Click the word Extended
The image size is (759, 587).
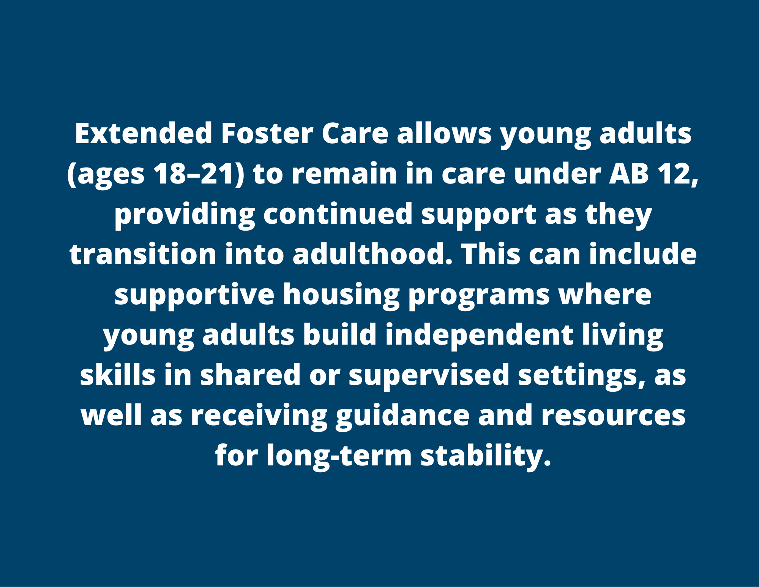[x=144, y=133]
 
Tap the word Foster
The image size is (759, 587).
[x=267, y=133]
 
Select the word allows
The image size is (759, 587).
[x=444, y=133]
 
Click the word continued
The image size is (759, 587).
[x=338, y=214]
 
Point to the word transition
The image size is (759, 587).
[x=143, y=254]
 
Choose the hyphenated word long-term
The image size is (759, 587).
[x=339, y=456]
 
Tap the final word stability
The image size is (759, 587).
[x=486, y=456]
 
